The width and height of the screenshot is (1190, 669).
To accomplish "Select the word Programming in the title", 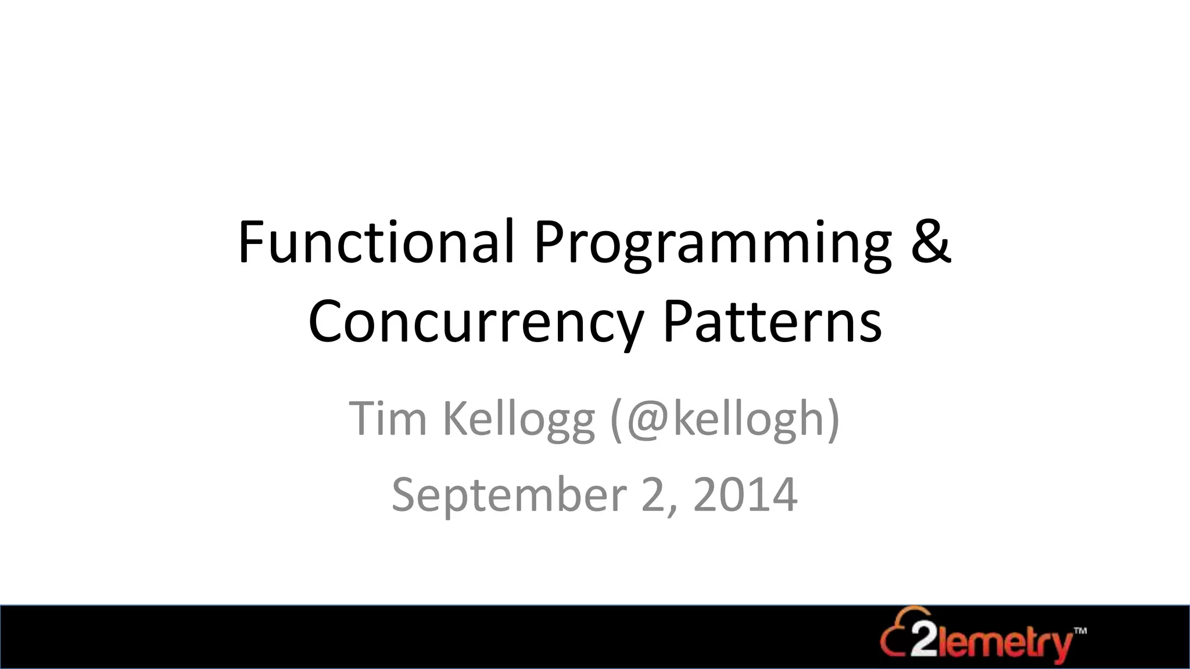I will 712,244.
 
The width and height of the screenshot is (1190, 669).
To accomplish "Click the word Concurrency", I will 475,323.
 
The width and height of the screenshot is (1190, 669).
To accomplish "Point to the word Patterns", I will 772,321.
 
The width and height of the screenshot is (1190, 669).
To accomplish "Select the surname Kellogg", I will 519,419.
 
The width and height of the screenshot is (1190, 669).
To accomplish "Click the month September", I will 509,495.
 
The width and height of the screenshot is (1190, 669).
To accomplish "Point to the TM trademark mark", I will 1080,630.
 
